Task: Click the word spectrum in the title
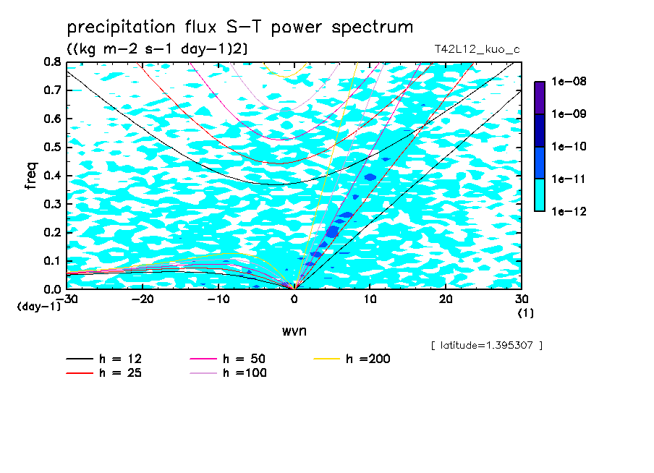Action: tap(372, 28)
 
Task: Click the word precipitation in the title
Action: tap(121, 28)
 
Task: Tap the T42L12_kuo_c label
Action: tap(477, 50)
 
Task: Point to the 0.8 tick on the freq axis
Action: tap(52, 62)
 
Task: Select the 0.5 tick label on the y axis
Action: tap(52, 148)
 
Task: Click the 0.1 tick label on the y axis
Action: tap(52, 260)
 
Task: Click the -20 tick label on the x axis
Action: tap(143, 299)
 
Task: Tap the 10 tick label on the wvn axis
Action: tap(370, 299)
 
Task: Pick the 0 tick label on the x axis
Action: tap(294, 299)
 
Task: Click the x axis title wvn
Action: tap(294, 331)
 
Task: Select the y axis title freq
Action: tap(31, 176)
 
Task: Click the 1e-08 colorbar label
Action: tap(569, 81)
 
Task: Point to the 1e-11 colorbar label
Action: tap(569, 179)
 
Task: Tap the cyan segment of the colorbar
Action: tap(540, 195)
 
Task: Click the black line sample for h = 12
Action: tap(80, 359)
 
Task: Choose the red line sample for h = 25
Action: tap(80, 373)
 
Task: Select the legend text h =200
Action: tap(368, 359)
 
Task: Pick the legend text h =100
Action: tap(245, 373)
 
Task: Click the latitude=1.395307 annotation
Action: tap(487, 346)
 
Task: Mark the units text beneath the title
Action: tap(157, 49)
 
